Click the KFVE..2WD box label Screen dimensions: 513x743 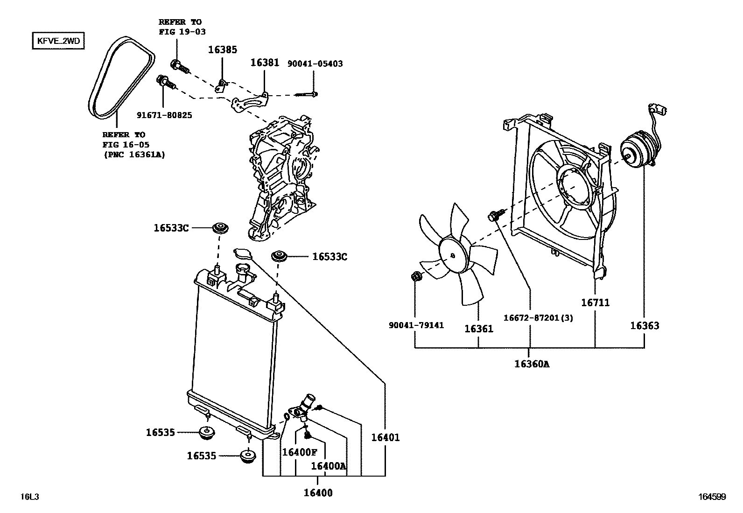coord(58,41)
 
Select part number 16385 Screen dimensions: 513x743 coord(222,49)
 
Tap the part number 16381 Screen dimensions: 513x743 coord(265,62)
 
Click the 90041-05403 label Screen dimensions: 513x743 coord(315,63)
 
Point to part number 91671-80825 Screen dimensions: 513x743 coord(164,115)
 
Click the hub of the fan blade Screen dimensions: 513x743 coord(453,255)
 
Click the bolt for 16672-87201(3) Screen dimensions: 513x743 coord(495,216)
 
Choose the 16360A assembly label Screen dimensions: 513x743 coord(532,364)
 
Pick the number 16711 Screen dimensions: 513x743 coord(595,302)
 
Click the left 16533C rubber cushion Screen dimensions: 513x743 coord(219,228)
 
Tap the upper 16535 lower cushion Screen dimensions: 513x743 coord(206,432)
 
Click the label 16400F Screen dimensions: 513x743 coord(299,452)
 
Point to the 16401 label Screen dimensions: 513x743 coord(386,437)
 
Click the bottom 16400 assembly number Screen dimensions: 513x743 coord(318,493)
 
